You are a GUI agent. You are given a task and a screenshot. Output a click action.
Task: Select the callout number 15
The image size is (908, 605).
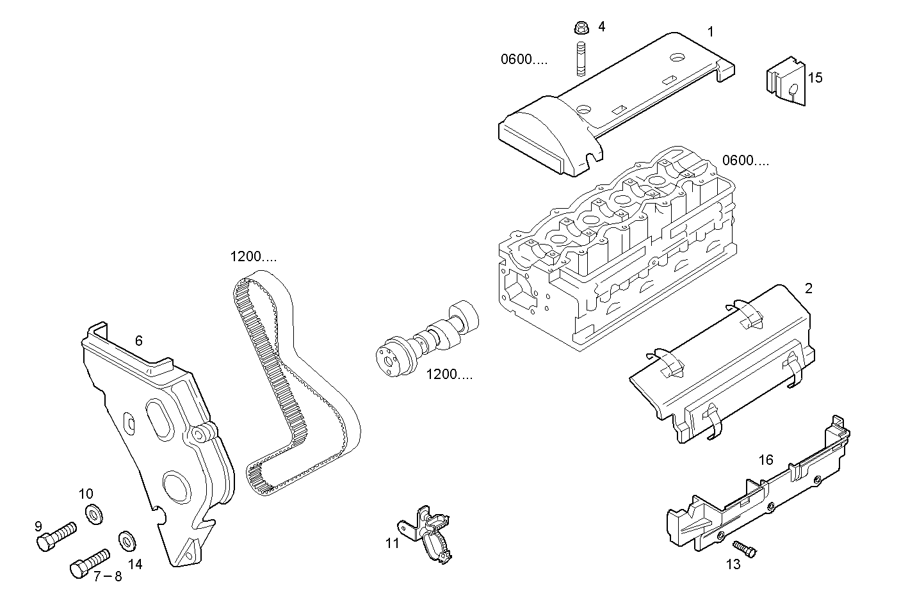click(815, 78)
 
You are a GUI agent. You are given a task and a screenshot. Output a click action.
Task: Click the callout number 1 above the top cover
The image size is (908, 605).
click(710, 31)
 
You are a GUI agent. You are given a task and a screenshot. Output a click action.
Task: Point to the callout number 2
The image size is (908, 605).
click(808, 289)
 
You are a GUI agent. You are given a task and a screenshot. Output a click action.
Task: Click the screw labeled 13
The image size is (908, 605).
click(744, 547)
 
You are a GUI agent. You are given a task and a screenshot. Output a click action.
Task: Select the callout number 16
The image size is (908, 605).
click(766, 460)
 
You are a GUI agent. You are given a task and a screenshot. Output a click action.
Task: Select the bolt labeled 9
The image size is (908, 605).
click(54, 536)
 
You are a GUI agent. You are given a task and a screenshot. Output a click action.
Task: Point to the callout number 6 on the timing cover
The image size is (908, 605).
click(138, 341)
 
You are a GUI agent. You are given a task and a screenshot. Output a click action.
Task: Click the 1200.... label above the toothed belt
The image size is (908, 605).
click(254, 257)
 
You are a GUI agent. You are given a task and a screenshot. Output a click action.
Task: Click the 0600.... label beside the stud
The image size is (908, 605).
click(524, 60)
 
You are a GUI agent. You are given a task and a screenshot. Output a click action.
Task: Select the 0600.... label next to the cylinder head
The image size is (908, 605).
click(745, 161)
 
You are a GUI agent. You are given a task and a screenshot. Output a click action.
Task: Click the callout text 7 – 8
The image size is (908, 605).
click(107, 577)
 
